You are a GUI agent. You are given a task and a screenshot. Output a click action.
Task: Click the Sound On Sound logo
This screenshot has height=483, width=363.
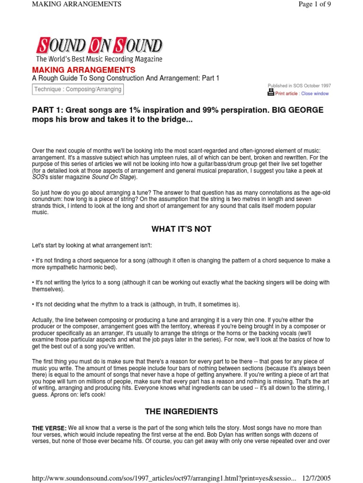[x=99, y=46]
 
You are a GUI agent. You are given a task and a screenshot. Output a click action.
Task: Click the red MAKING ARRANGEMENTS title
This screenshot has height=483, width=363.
[x=84, y=70]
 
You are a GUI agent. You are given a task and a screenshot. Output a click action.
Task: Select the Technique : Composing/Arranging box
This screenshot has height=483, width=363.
[x=78, y=89]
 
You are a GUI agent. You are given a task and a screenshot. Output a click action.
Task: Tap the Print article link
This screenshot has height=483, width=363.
[x=286, y=93]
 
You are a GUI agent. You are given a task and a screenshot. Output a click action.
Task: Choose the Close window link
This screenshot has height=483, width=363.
[x=315, y=93]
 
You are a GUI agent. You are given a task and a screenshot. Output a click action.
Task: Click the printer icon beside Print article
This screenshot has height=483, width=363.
[x=271, y=93]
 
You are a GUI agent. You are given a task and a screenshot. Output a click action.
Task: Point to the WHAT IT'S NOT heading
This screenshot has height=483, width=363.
[x=181, y=229]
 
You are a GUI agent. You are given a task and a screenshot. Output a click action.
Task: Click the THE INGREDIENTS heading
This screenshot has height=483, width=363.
[x=181, y=411]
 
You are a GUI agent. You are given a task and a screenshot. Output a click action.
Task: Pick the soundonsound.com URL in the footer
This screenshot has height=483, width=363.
[x=164, y=478]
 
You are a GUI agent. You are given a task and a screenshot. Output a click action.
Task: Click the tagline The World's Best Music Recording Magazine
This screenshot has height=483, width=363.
[x=99, y=59]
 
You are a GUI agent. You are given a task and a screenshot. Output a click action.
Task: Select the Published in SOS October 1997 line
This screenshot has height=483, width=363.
[x=299, y=86]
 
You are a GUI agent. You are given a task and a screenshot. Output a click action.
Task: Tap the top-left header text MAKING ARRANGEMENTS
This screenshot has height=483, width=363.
[x=77, y=4]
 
